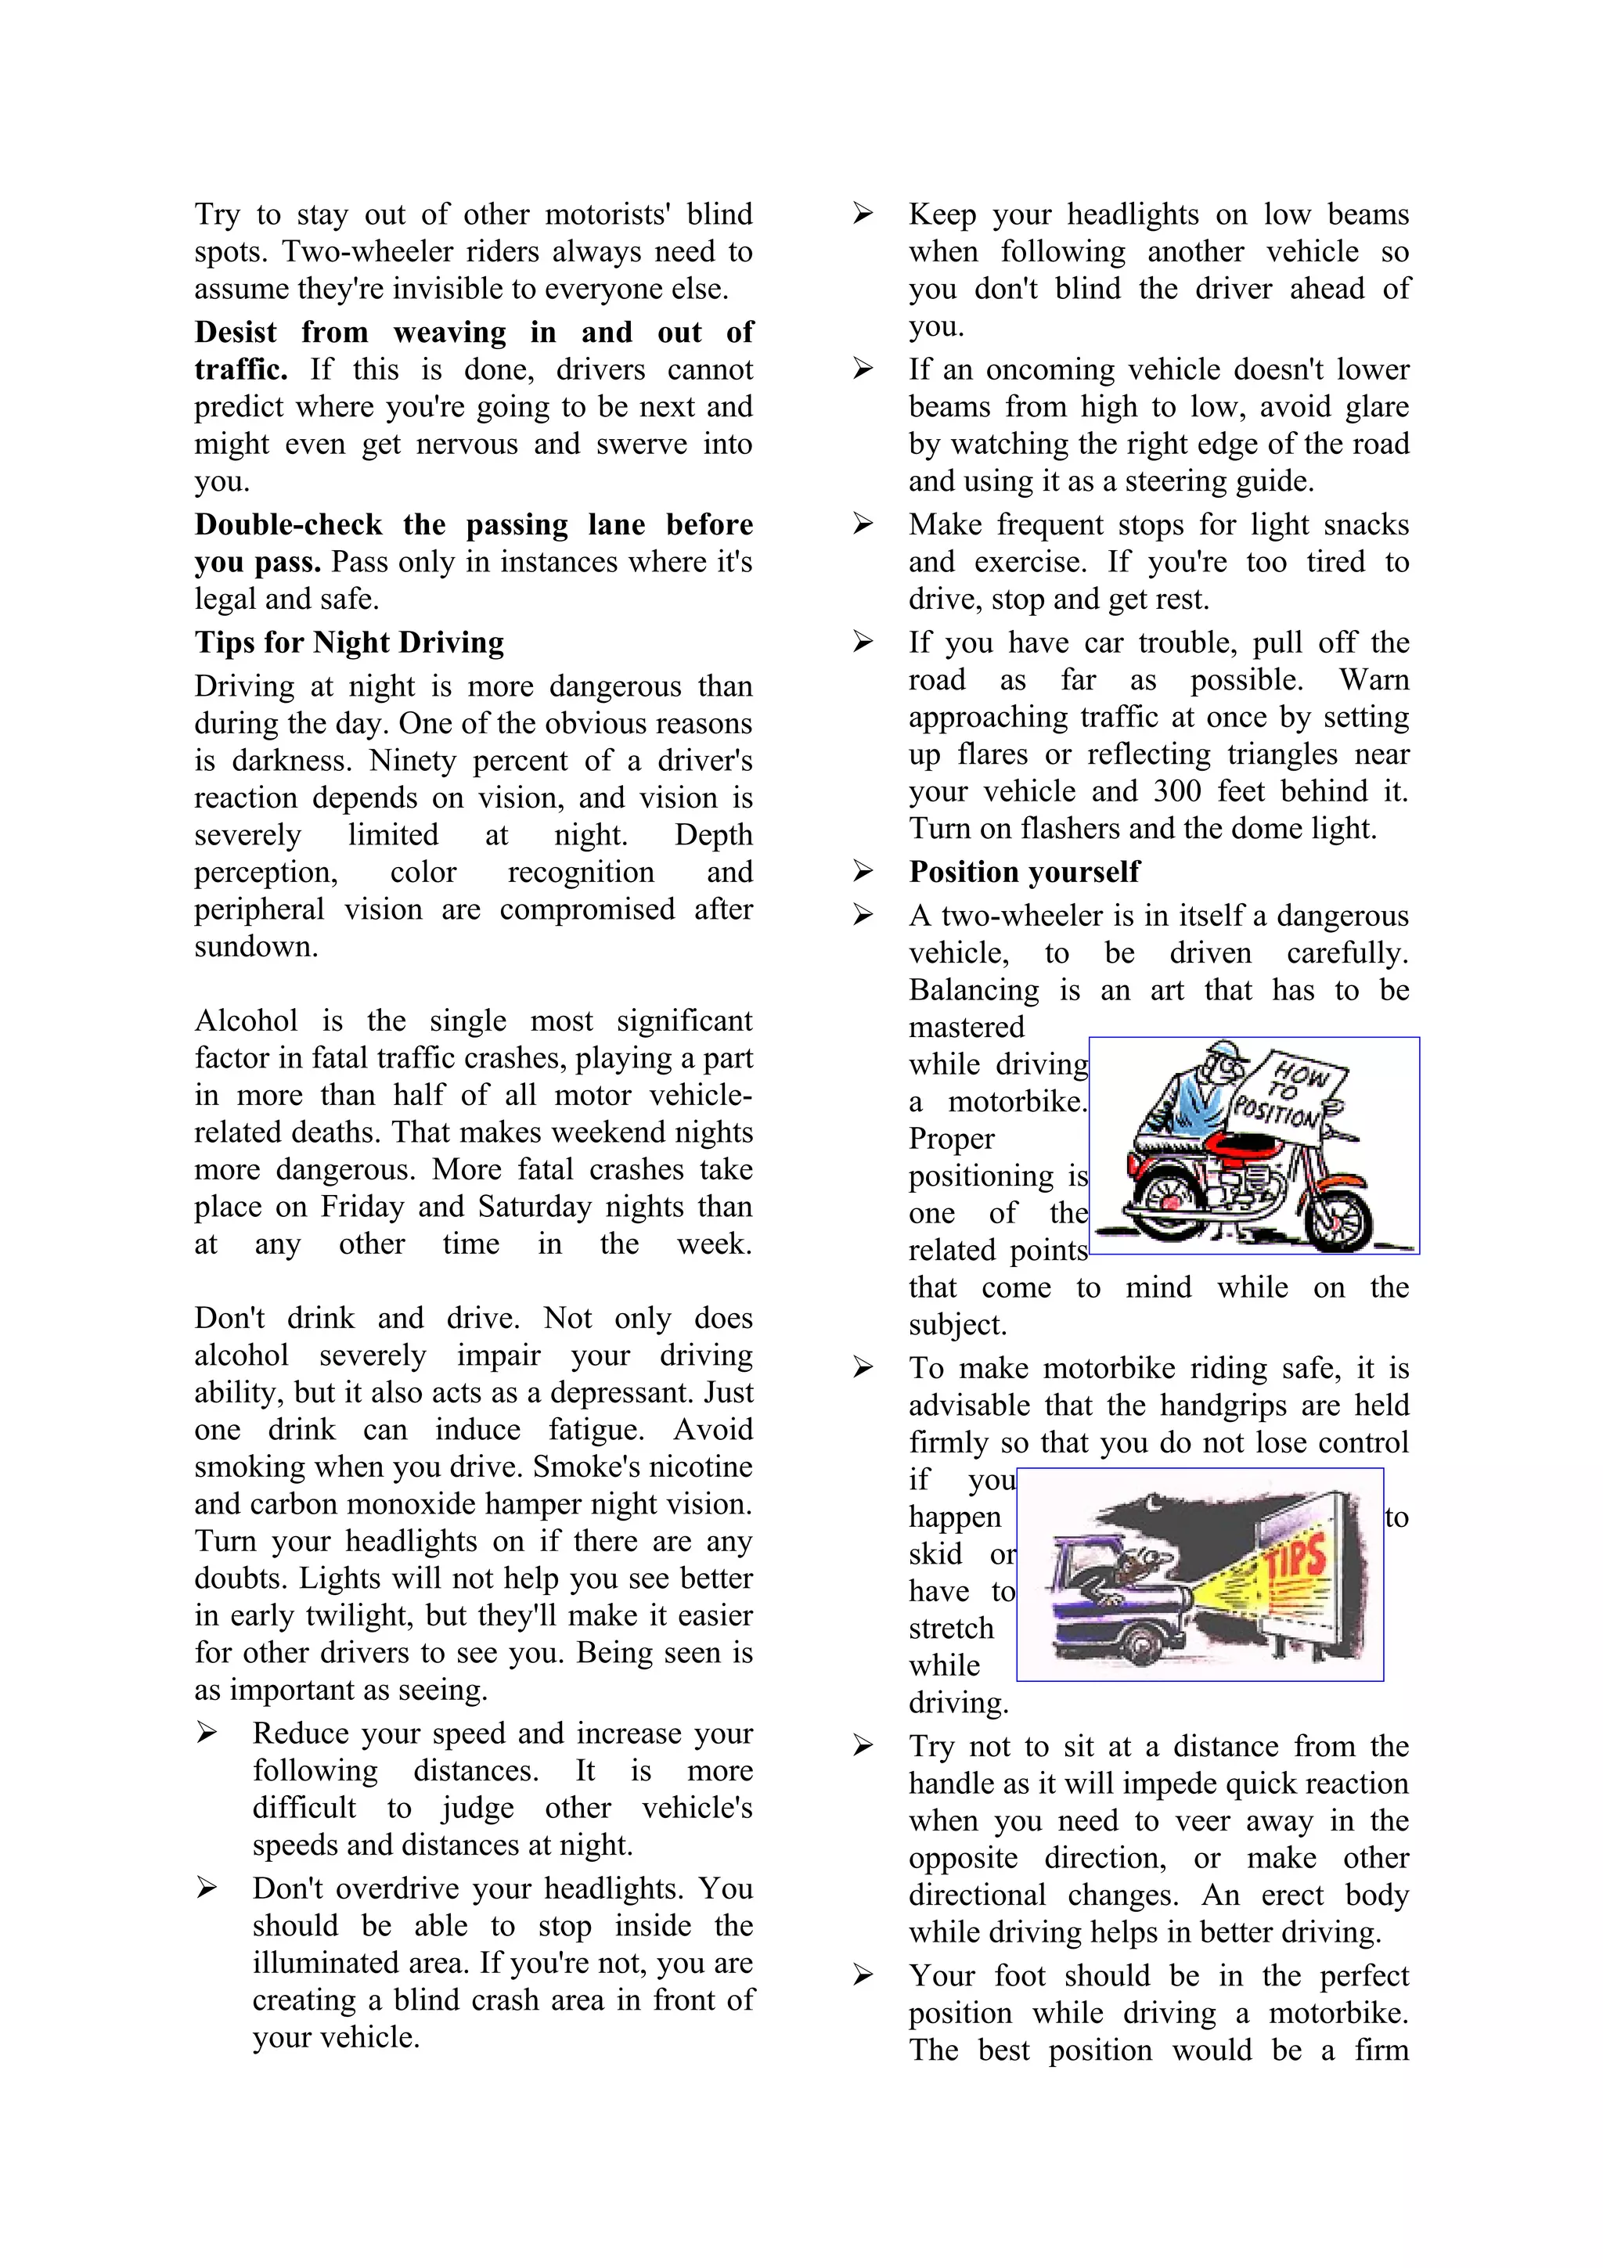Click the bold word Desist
(235, 332)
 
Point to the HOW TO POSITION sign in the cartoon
(1287, 1096)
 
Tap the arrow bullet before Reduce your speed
(207, 1733)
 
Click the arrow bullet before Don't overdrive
(207, 1888)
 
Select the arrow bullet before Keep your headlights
(863, 214)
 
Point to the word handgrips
(1219, 1406)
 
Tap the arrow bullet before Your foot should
(863, 1975)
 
